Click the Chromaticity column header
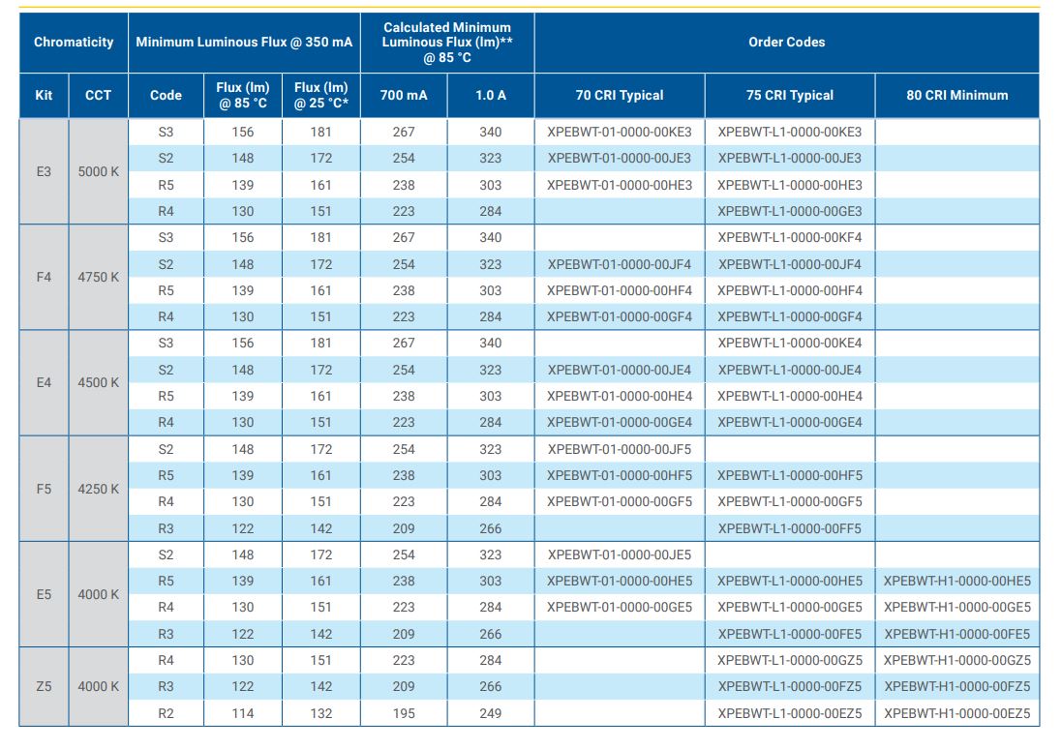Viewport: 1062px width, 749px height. click(x=74, y=42)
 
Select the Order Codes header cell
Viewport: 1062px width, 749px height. click(x=786, y=42)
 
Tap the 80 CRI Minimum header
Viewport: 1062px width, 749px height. click(x=957, y=96)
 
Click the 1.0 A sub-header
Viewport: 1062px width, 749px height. click(x=491, y=96)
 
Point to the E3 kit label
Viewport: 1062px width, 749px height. click(x=44, y=171)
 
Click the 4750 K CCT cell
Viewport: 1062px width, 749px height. click(x=98, y=277)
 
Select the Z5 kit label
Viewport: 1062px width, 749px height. click(x=44, y=686)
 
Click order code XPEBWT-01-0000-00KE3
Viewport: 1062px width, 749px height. click(x=619, y=132)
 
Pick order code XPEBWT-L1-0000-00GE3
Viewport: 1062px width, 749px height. click(x=790, y=211)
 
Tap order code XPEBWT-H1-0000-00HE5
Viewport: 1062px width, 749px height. click(x=957, y=581)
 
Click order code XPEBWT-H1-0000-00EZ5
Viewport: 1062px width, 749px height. click(x=957, y=713)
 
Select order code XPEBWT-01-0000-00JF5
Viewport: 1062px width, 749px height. click(x=619, y=449)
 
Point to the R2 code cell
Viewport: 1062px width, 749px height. click(x=166, y=713)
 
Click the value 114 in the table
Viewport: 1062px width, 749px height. click(x=242, y=713)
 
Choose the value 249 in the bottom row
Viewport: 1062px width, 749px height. click(x=491, y=713)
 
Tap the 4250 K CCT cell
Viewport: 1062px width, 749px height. click(x=98, y=489)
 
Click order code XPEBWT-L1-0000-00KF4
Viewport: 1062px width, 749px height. click(x=790, y=238)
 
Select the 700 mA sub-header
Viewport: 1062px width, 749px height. click(x=404, y=96)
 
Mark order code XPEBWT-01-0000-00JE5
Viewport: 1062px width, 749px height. click(x=619, y=554)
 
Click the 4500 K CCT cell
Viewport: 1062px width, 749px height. click(x=98, y=382)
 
